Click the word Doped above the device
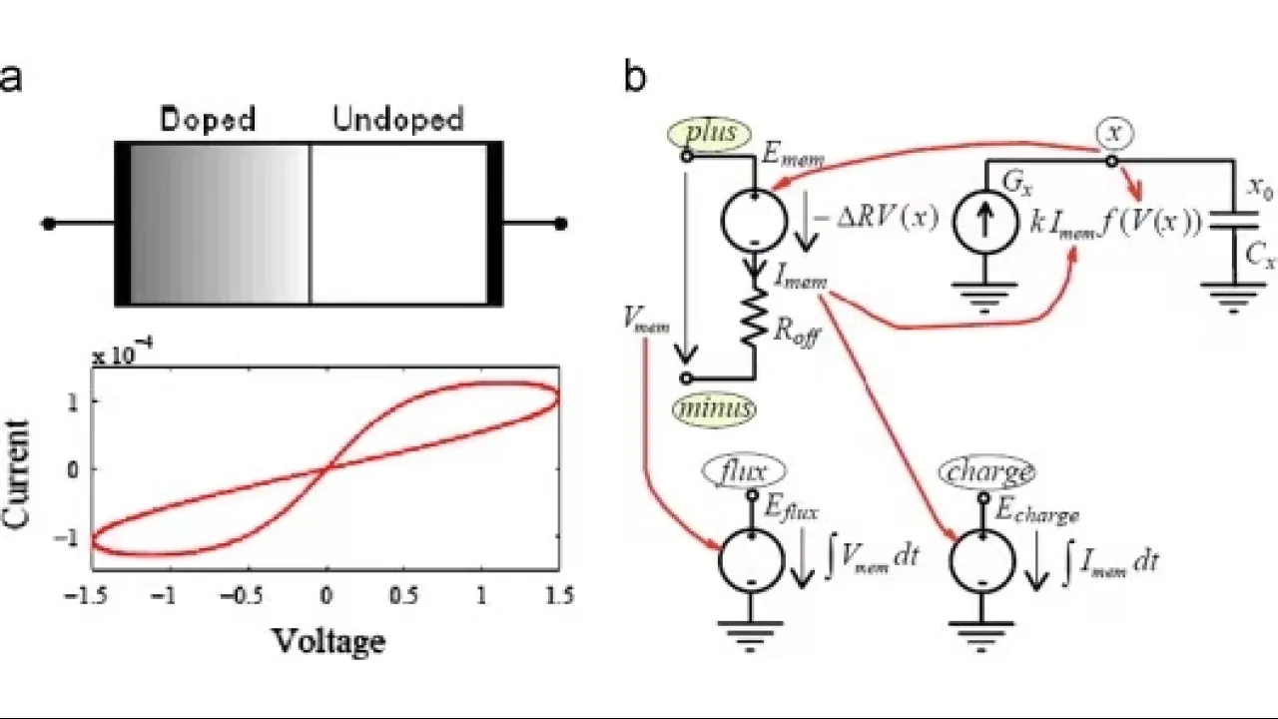[208, 121]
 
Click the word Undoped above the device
[398, 121]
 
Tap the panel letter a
[11, 77]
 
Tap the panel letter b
[635, 77]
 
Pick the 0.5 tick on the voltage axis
[404, 596]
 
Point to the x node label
[1113, 130]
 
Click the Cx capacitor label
[1260, 257]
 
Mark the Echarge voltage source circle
[983, 562]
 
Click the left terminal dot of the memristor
[48, 223]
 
